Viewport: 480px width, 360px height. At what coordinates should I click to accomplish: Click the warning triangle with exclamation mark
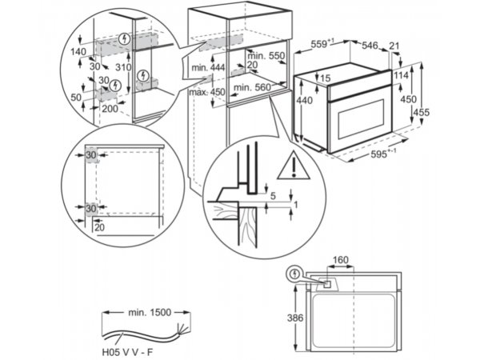(294, 166)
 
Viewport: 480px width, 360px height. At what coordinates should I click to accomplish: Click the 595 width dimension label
(383, 154)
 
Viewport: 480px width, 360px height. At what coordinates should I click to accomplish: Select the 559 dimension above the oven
(322, 44)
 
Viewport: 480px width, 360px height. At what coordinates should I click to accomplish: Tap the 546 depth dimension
(370, 46)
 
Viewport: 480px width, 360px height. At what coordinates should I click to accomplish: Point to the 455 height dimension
(422, 112)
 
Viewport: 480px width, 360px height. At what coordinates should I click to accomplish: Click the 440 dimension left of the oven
(304, 101)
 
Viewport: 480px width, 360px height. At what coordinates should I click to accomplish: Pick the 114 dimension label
(401, 75)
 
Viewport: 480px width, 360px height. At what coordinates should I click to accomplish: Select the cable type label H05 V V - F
(127, 352)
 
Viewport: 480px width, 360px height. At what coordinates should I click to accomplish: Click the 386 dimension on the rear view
(295, 318)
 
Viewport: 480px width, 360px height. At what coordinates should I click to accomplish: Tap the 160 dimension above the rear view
(341, 260)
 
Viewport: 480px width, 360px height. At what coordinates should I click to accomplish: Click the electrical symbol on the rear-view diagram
(294, 274)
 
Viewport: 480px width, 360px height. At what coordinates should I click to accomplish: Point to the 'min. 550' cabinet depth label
(266, 56)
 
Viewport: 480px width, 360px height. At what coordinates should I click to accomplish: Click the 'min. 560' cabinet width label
(252, 88)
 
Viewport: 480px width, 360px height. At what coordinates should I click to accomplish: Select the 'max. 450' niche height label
(207, 92)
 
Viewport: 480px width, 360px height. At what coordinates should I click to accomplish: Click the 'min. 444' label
(208, 67)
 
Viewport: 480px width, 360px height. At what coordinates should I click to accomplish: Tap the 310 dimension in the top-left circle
(124, 67)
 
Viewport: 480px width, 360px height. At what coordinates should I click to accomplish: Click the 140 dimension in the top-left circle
(78, 52)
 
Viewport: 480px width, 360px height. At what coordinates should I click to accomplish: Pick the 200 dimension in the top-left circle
(110, 109)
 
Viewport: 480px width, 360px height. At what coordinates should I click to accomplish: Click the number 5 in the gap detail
(273, 196)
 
